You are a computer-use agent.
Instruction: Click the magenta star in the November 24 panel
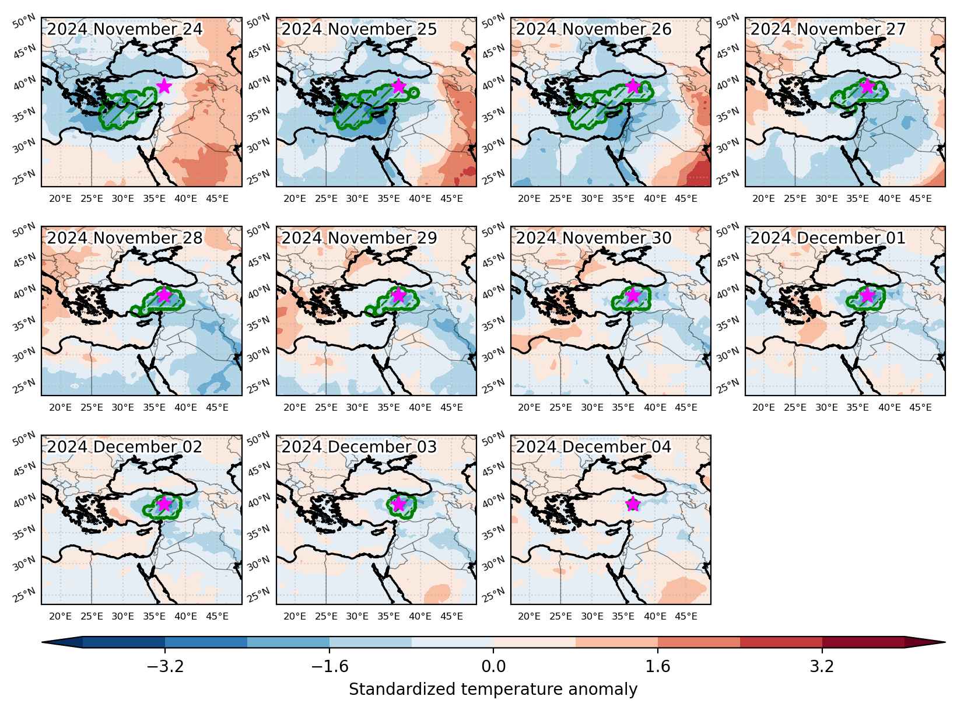tap(164, 86)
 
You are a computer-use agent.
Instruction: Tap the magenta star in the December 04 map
tap(633, 503)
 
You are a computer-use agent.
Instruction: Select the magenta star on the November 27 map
tap(867, 86)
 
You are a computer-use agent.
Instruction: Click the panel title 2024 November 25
tap(359, 29)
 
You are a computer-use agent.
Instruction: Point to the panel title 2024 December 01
tap(828, 238)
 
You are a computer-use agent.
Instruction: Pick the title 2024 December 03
tap(359, 447)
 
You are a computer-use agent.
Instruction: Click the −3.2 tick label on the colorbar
tap(165, 667)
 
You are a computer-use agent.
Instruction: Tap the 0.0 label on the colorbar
tap(493, 667)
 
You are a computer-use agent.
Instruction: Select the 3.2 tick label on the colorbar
tap(822, 667)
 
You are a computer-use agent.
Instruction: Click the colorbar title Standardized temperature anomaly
tap(493, 689)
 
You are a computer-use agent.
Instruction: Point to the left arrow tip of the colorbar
tap(42, 642)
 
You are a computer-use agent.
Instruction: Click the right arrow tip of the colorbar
tap(945, 642)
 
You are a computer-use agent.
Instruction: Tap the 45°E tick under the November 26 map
tap(686, 199)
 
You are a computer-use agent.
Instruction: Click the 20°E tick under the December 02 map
tap(61, 616)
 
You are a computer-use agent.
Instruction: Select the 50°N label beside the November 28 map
tap(24, 230)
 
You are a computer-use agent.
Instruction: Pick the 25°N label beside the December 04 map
tap(493, 595)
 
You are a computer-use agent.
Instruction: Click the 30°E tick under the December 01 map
tap(827, 407)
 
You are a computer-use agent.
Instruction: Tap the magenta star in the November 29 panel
tap(398, 295)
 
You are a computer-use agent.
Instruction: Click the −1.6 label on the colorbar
tap(329, 667)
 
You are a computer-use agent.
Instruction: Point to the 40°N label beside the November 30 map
tap(493, 293)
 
